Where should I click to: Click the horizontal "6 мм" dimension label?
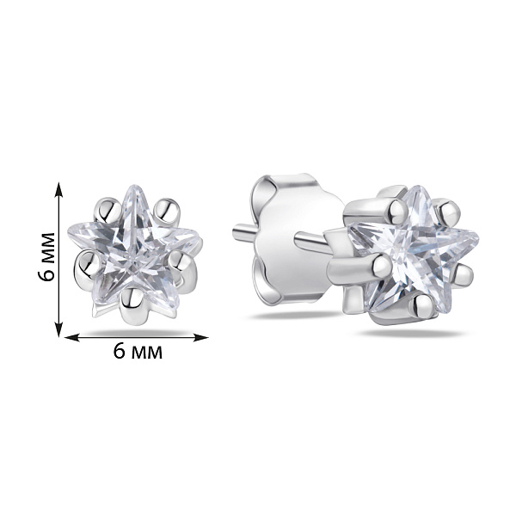[x=138, y=352]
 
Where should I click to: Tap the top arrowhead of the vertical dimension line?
[x=58, y=189]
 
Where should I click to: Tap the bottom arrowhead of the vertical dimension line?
[x=58, y=329]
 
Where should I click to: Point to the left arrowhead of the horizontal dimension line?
[x=72, y=337]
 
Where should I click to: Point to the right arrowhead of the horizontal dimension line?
[x=200, y=337]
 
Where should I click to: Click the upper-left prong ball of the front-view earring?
[x=107, y=210]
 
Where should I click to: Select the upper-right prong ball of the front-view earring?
[x=167, y=211]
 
